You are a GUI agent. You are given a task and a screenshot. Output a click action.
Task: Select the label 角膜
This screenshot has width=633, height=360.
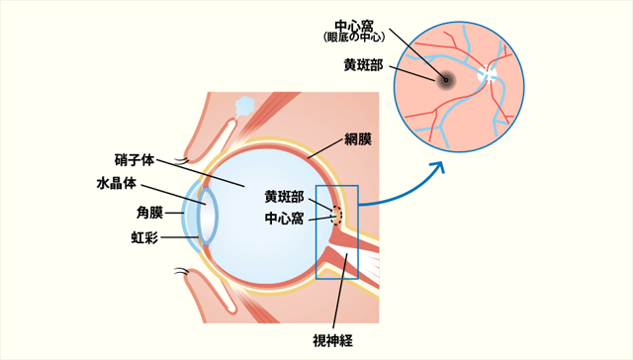point(149,212)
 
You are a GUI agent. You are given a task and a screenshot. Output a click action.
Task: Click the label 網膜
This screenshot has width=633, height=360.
point(357,138)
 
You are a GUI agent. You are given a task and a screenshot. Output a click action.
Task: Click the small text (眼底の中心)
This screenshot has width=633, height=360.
point(354,38)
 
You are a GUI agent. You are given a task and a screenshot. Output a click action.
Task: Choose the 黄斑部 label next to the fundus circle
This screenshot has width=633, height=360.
point(363,64)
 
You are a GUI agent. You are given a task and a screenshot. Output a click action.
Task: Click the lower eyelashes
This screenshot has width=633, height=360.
point(181,270)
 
